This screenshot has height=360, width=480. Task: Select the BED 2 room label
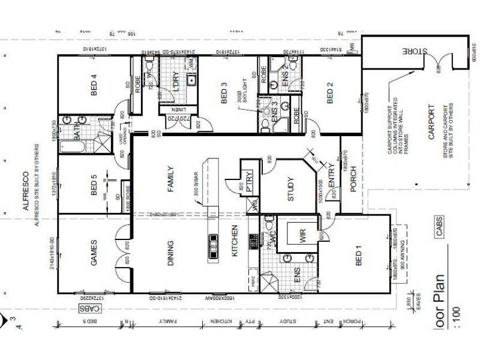point(329,93)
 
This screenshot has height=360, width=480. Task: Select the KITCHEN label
point(235,242)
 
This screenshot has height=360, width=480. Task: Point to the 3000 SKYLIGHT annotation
point(242,103)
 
